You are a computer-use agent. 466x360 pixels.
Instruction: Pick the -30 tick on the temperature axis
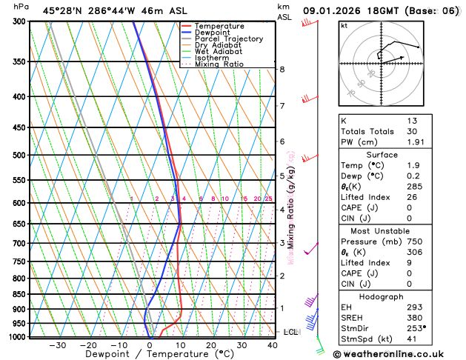click(x=57, y=345)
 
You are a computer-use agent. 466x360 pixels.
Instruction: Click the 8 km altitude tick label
click(x=282, y=70)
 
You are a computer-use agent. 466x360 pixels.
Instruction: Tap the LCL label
click(x=290, y=332)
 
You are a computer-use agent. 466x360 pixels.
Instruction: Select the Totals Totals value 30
click(x=412, y=131)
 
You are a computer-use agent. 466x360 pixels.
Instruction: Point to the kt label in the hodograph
click(x=344, y=25)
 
